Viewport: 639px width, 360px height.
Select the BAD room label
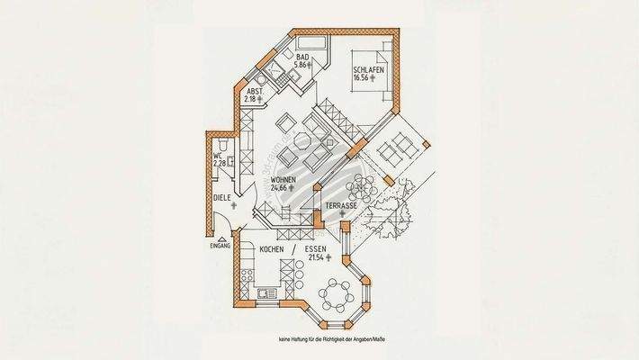pos(303,56)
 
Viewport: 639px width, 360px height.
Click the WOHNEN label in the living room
pos(285,180)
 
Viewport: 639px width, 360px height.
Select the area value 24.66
pos(284,190)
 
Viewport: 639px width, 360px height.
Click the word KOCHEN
pos(272,248)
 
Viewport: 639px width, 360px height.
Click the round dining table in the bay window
pos(339,293)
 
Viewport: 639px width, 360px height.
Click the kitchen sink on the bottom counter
pos(267,293)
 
